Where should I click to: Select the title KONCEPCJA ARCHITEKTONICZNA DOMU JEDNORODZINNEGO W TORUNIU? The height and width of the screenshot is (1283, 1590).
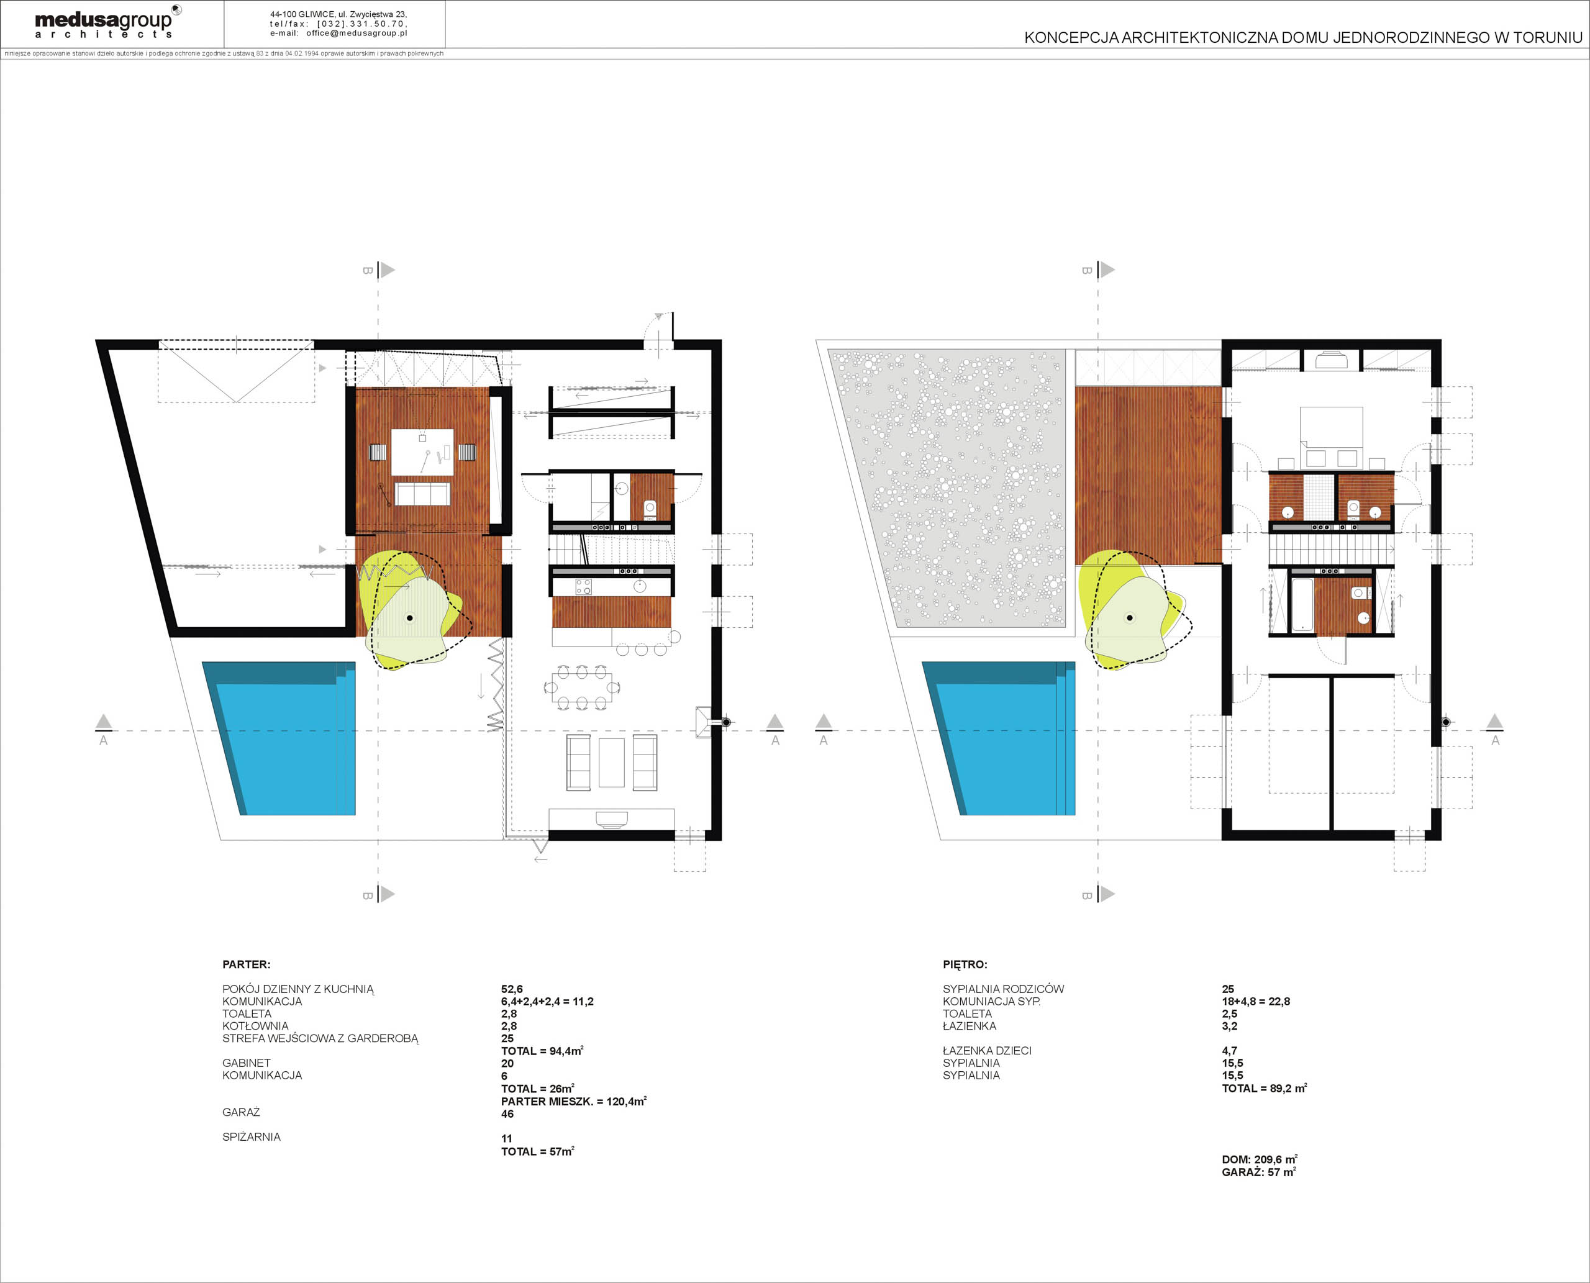click(1303, 38)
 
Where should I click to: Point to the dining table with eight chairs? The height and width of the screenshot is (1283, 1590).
click(582, 688)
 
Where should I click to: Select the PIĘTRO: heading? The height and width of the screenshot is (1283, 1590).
click(965, 964)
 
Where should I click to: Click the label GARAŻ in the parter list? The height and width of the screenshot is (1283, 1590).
click(241, 1112)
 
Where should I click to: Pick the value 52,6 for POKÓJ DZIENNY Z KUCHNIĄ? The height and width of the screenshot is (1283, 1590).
click(512, 989)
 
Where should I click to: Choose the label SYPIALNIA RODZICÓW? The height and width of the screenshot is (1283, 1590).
click(1003, 989)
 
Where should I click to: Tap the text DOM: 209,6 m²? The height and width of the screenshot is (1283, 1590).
click(1260, 1159)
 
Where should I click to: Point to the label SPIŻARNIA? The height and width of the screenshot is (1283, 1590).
click(252, 1136)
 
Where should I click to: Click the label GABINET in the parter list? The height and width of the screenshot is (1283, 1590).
click(246, 1063)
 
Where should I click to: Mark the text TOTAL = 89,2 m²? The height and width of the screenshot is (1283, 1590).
click(1264, 1088)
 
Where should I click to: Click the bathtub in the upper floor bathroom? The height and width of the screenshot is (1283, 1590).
click(1302, 604)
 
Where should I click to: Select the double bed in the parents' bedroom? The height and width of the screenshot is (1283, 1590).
click(1331, 436)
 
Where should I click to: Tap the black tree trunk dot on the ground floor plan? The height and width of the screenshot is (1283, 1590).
click(409, 618)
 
